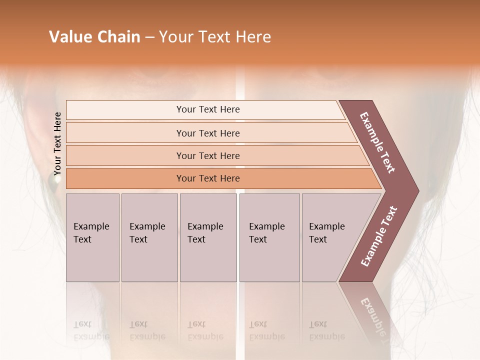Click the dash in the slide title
(149, 37)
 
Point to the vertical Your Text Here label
(57, 143)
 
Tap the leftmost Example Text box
(92, 237)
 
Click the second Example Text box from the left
(149, 237)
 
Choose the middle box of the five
(208, 237)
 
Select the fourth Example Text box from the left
(269, 237)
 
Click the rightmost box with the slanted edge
(332, 237)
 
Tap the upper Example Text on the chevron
(377, 142)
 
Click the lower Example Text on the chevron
(379, 236)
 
